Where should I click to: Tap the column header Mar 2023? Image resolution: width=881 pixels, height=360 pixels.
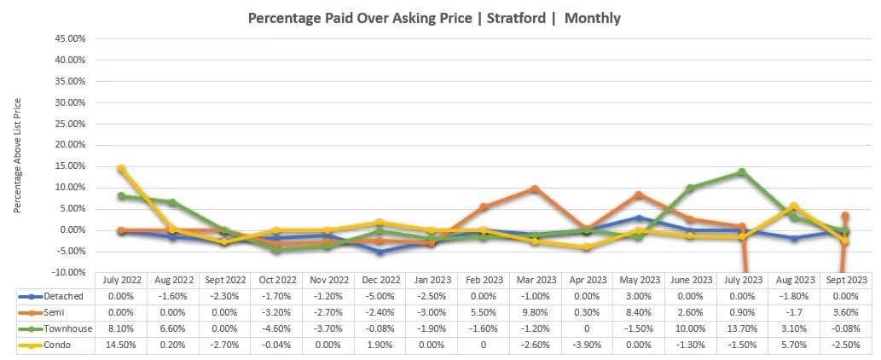tap(534, 279)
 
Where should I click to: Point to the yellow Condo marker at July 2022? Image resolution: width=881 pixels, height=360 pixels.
tap(121, 169)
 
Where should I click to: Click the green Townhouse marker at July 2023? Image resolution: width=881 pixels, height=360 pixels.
tap(742, 172)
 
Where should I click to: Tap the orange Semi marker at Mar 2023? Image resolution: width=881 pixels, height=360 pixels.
tap(535, 189)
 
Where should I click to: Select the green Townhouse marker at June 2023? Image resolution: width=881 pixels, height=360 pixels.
tap(690, 188)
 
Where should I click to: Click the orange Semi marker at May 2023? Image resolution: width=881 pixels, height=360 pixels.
tap(639, 195)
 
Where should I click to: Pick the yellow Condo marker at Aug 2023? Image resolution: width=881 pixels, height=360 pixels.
tap(794, 206)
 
